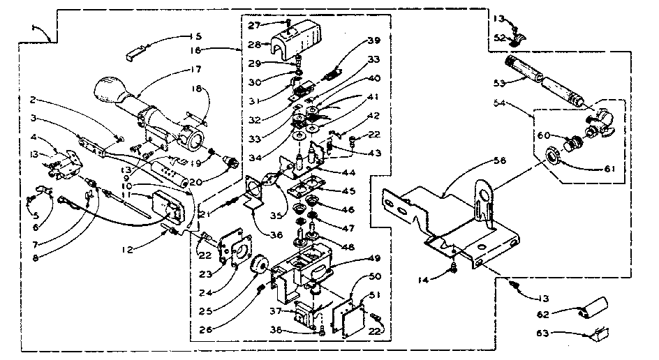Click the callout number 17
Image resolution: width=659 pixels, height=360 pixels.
click(x=195, y=69)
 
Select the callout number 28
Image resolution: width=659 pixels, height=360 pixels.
click(x=255, y=44)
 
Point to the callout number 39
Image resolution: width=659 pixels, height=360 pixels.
click(x=375, y=40)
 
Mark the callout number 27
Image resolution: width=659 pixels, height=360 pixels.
click(x=254, y=24)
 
